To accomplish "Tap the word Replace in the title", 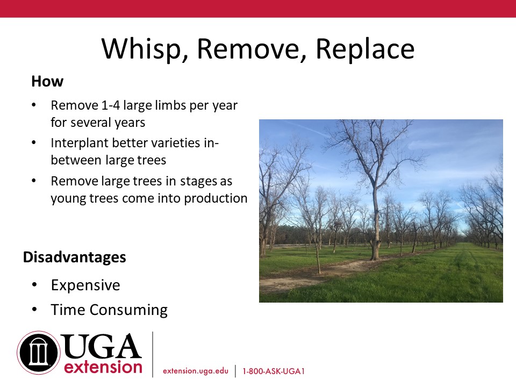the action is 365,49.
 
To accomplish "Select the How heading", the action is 47,81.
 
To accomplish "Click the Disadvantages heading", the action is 74,257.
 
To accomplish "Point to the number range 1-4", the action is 111,105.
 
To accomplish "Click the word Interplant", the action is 80,143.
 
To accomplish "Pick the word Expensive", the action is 85,285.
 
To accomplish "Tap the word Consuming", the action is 128,310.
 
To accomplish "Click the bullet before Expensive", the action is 34,285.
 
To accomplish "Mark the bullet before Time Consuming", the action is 34,310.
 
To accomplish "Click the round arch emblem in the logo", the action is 39,353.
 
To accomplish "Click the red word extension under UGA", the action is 103,367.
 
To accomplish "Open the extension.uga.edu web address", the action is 196,371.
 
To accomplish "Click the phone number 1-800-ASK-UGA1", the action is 274,371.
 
